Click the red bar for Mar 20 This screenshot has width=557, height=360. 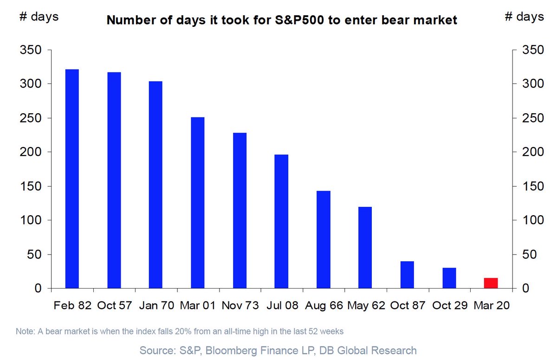[x=491, y=283]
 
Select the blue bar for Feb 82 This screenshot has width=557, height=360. [x=72, y=179]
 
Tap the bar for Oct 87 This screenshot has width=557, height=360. [x=407, y=275]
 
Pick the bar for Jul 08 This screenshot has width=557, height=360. [x=281, y=221]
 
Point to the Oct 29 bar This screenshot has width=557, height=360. [x=449, y=278]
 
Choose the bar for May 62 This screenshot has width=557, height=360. [x=365, y=247]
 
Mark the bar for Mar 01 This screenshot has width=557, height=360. [x=198, y=203]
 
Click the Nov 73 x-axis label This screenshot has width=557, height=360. [x=240, y=306]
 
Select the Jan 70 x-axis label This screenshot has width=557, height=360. [x=156, y=306]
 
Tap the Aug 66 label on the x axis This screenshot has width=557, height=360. [x=324, y=306]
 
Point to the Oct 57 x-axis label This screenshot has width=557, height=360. [x=114, y=306]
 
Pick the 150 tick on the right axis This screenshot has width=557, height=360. [x=531, y=186]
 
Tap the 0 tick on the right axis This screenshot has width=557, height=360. [x=525, y=289]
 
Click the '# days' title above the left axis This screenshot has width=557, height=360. [x=38, y=17]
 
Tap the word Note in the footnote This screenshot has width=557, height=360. [x=24, y=332]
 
